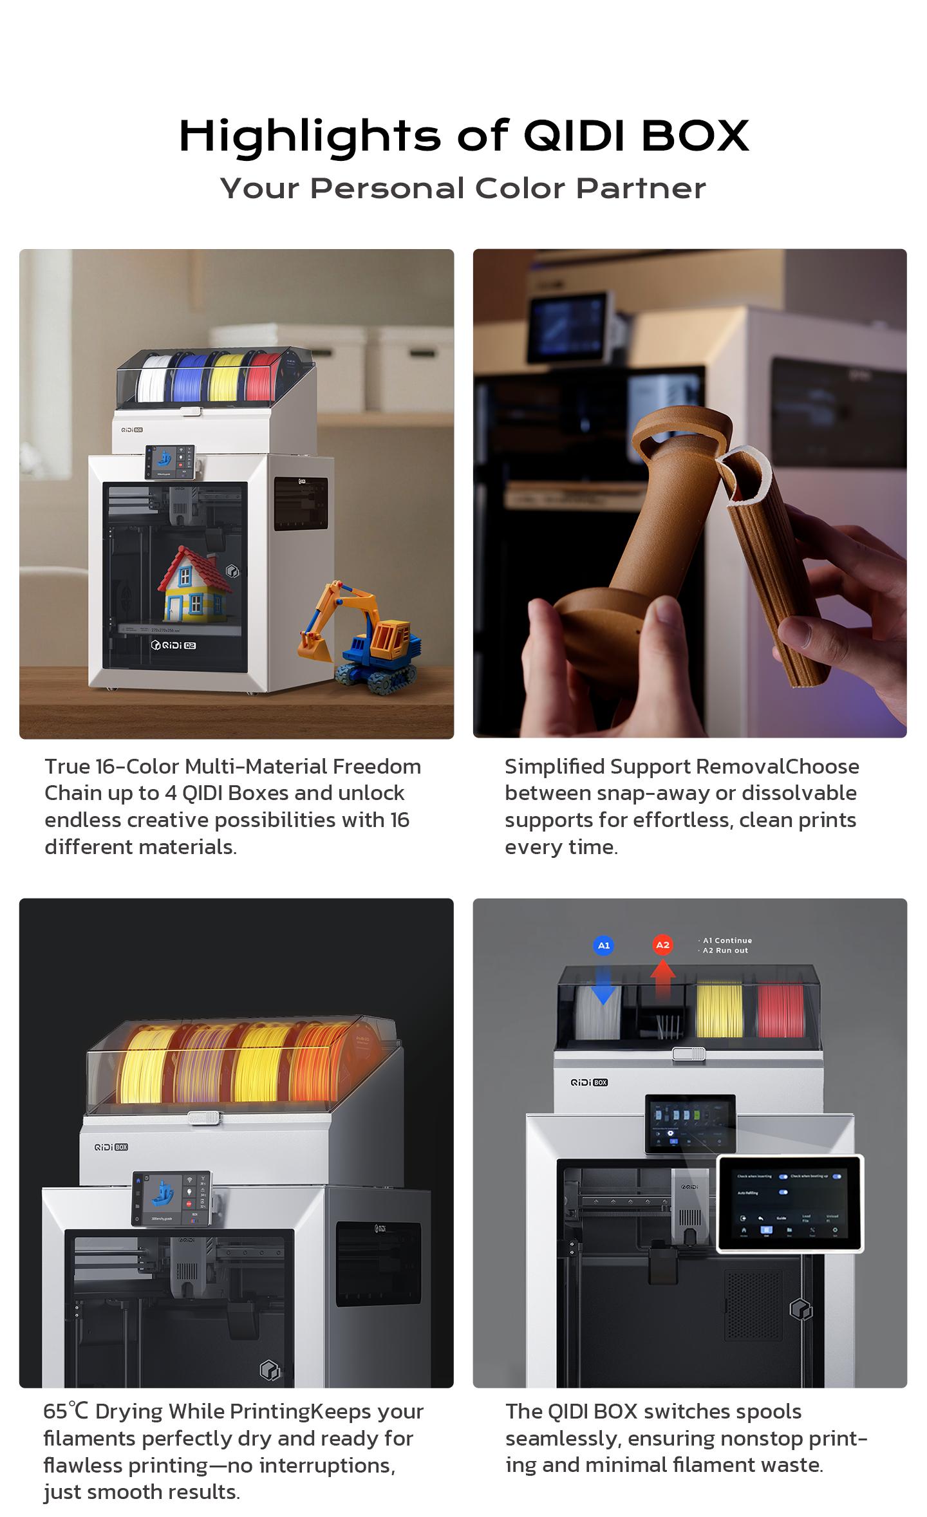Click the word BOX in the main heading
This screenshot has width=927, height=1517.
click(695, 136)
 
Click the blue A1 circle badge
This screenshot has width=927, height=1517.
click(603, 945)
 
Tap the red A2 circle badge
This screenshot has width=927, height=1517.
click(662, 945)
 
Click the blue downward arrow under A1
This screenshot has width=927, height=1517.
click(603, 983)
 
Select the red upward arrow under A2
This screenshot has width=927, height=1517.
click(662, 979)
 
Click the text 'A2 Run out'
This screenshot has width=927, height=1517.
click(726, 951)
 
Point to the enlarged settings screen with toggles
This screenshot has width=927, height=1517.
click(790, 1203)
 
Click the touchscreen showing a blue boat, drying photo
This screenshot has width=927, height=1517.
click(173, 1198)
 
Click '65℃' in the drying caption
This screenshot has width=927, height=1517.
click(66, 1411)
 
